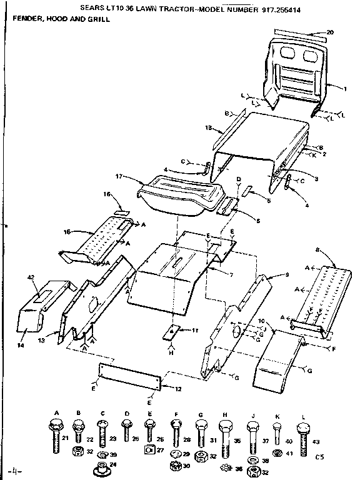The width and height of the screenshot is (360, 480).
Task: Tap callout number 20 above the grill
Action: click(330, 32)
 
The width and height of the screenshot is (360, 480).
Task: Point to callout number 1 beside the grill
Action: click(344, 89)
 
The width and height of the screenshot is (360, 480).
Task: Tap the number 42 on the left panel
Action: click(30, 277)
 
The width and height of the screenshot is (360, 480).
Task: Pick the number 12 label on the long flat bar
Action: click(178, 389)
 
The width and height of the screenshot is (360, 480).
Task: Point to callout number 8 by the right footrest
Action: click(317, 249)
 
